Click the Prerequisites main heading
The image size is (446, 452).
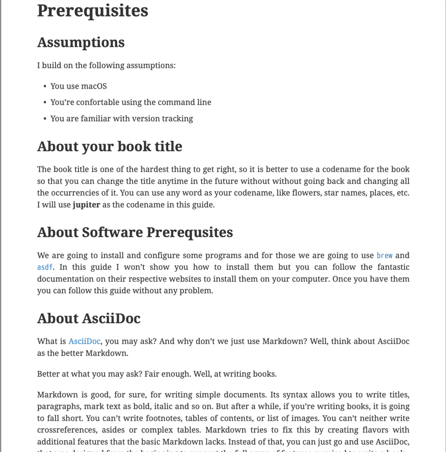point(92,11)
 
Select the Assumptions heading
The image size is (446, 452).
point(81,42)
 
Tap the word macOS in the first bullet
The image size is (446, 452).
point(94,86)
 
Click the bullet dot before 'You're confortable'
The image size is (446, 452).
point(45,102)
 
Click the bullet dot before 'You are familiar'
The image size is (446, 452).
point(45,119)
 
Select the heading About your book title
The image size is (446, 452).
point(110,146)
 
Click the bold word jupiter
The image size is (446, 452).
point(86,204)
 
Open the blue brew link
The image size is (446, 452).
point(384,255)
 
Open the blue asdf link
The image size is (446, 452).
point(45,267)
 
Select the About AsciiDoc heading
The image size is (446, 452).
point(89,318)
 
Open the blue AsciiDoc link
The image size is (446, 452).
point(84,341)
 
